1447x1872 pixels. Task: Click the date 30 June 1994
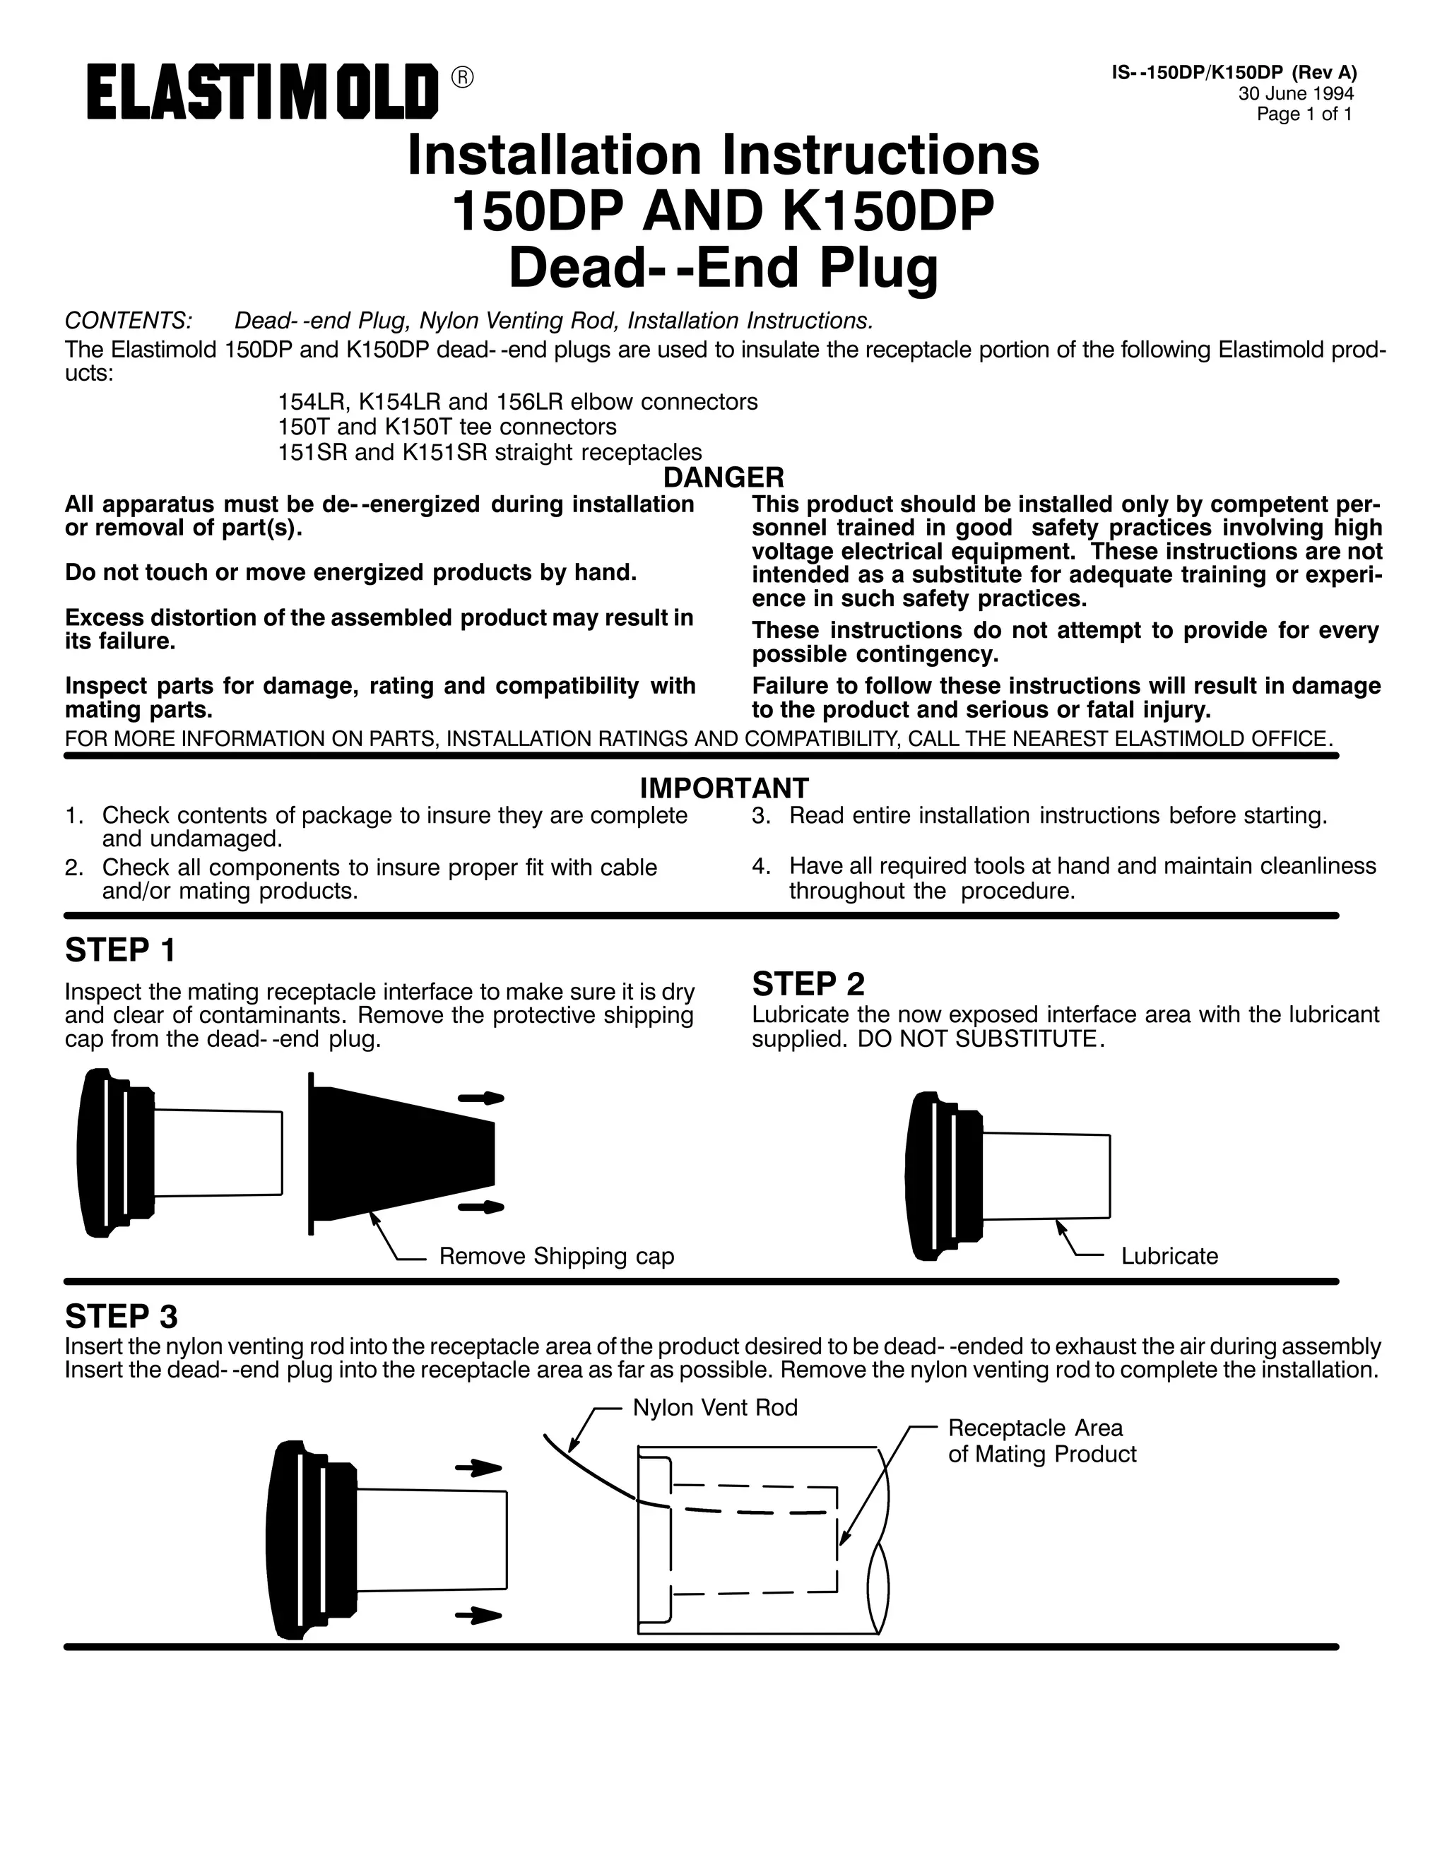1295,94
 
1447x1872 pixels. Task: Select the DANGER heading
723,477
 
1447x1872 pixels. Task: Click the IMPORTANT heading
723,787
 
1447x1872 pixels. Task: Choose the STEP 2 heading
808,983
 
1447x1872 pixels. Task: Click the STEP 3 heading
121,1316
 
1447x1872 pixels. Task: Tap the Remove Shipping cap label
556,1256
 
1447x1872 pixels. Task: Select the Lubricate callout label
1169,1256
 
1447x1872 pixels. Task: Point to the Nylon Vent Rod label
715,1407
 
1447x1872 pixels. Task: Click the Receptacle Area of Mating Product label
1041,1441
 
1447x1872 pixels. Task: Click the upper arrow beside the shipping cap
480,1099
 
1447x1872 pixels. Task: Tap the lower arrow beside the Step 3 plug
478,1616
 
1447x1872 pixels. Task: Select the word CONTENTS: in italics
129,321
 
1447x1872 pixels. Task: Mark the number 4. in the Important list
760,866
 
